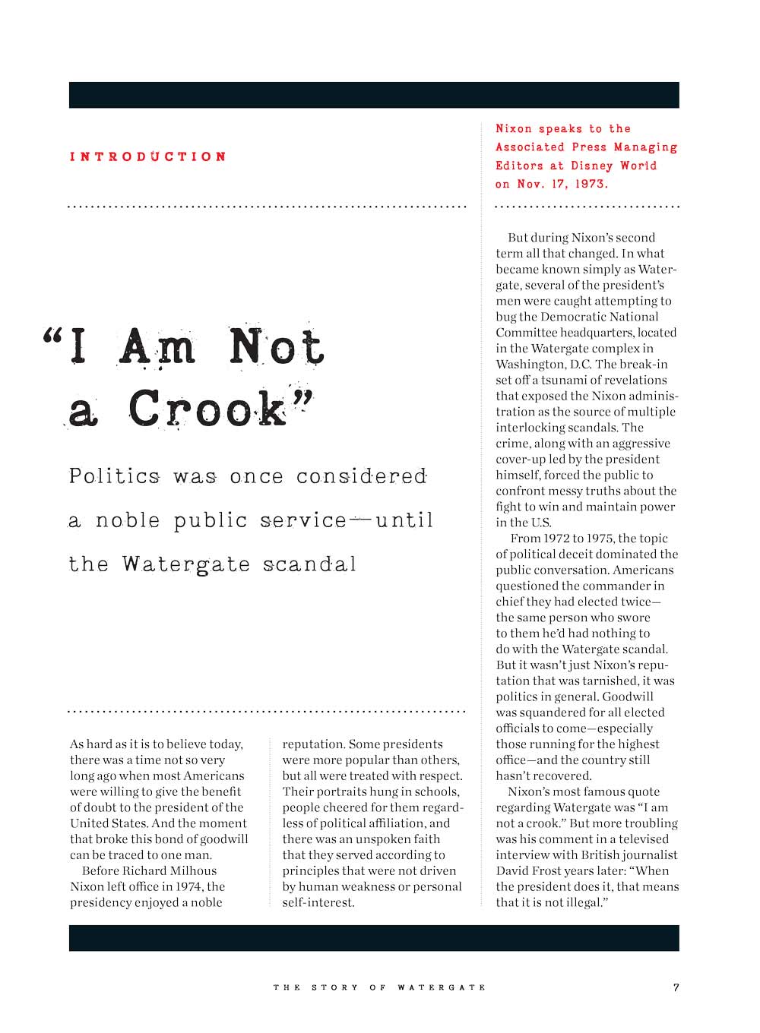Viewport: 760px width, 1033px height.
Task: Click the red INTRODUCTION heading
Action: coord(148,157)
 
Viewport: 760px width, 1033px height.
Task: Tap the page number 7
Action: coord(676,987)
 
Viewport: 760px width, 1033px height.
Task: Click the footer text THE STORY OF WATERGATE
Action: coord(379,987)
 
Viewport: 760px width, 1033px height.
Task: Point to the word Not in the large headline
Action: coord(277,348)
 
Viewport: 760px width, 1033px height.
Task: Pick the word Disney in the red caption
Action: coord(591,166)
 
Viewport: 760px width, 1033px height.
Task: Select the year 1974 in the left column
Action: coord(189,887)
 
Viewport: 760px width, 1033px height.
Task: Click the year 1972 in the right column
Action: coord(558,539)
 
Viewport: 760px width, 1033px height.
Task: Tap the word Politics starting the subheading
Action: coord(114,477)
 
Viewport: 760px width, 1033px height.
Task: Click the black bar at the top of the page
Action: coord(374,95)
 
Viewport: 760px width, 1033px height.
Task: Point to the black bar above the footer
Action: coord(374,938)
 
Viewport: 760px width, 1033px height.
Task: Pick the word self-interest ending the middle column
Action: coord(318,903)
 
